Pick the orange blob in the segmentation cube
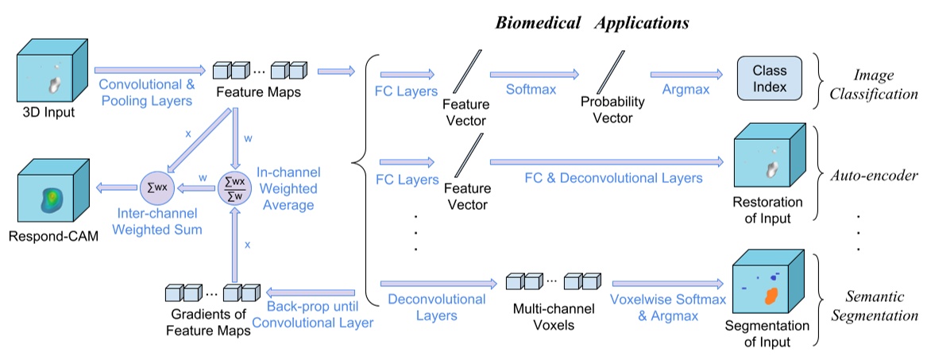769,296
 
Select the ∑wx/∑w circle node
233,188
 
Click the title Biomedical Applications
592,22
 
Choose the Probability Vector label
612,110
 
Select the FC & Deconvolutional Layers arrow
607,162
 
